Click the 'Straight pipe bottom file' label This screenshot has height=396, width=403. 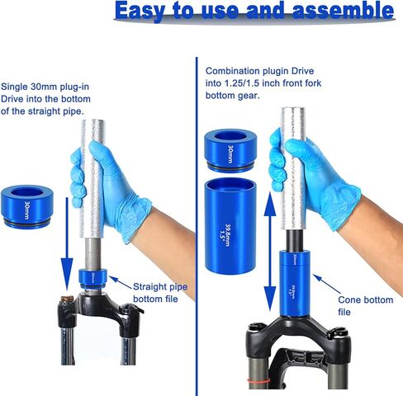(x=160, y=291)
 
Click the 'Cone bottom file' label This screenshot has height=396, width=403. (x=356, y=307)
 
